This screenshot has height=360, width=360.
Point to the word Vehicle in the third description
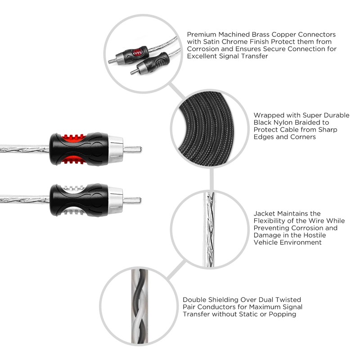point(268,242)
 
